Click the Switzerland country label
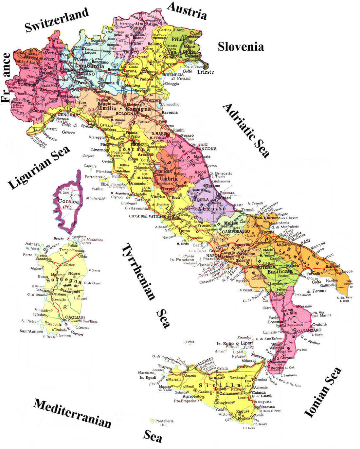[x=57, y=20]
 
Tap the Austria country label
[x=187, y=10]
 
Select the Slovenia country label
[x=241, y=46]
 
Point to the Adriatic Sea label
[x=246, y=131]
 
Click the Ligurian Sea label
[x=39, y=168]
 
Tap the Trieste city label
[x=205, y=72]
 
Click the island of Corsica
[x=68, y=202]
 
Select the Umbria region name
[x=169, y=179]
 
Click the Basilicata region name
[x=280, y=272]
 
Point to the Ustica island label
[x=189, y=342]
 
